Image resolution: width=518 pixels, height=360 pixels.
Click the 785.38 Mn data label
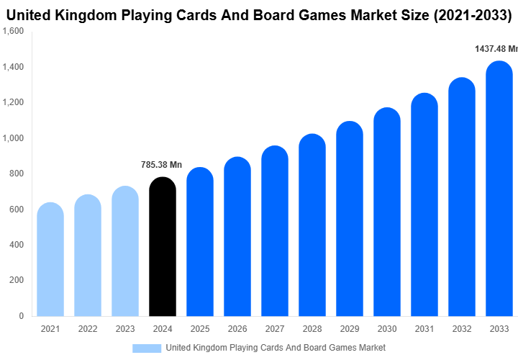161,165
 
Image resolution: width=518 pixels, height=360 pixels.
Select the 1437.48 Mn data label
496,49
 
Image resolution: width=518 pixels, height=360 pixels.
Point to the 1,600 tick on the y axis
14,32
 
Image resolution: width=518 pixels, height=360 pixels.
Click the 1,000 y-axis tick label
14,138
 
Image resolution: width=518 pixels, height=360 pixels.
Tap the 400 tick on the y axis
17,245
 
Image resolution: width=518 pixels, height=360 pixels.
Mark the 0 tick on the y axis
21,316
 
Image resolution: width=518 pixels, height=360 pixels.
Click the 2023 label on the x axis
125,329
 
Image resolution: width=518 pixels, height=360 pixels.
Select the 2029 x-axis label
349,329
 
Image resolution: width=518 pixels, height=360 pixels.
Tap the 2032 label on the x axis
461,329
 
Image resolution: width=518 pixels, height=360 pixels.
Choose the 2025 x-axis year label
199,329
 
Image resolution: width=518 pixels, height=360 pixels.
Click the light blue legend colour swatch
147,348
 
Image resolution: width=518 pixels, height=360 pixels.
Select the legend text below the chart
276,348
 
